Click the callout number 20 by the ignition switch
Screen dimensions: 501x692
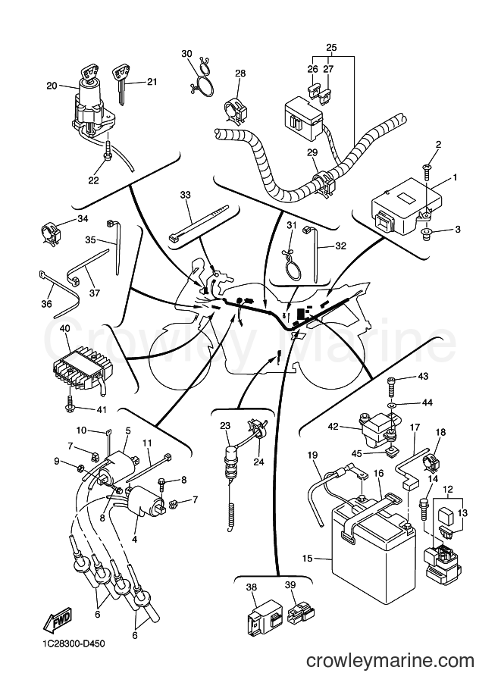point(52,86)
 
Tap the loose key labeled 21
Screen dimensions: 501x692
point(121,83)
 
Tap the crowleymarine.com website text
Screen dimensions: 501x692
point(390,661)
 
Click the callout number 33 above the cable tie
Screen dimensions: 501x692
point(186,194)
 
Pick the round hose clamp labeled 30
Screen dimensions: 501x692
point(202,77)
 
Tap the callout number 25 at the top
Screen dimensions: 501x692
point(331,46)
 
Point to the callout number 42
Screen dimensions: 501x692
point(333,426)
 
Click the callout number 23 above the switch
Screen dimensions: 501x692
point(225,426)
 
